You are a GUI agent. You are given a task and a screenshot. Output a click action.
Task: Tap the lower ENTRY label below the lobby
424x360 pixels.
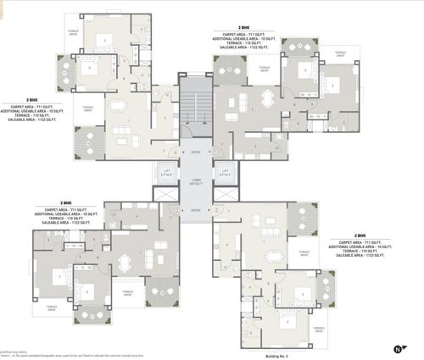(196, 209)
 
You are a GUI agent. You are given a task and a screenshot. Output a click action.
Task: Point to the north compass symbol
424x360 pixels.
(398, 348)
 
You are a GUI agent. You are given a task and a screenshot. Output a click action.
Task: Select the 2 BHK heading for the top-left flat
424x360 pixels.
(32, 99)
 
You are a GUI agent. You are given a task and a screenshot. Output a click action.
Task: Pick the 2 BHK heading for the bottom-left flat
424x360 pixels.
(66, 202)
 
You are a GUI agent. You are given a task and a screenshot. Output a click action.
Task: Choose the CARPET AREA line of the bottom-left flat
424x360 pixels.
(66, 208)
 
